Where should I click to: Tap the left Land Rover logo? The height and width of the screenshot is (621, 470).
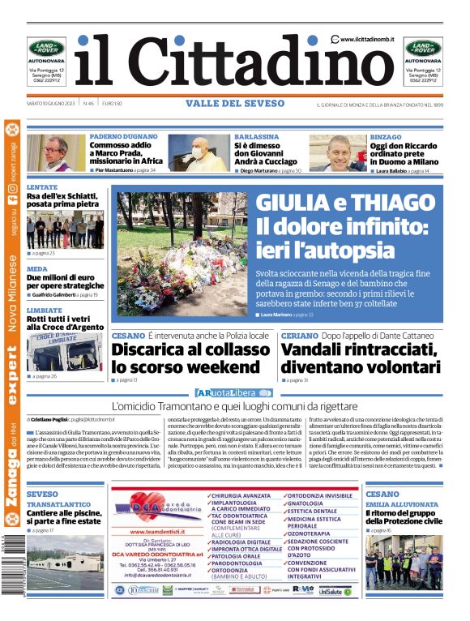click(x=47, y=48)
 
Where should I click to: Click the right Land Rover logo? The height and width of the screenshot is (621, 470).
click(x=423, y=48)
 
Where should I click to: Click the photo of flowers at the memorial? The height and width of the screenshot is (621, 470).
click(x=182, y=255)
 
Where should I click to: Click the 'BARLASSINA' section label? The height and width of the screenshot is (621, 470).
click(x=256, y=138)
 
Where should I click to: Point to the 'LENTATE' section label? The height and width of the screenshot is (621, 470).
click(x=42, y=186)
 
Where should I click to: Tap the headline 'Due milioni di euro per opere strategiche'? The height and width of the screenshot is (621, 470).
click(x=65, y=281)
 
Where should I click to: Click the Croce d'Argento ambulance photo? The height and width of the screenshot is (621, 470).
click(x=65, y=349)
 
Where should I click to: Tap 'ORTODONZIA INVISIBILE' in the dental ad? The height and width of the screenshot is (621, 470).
click(x=321, y=495)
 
